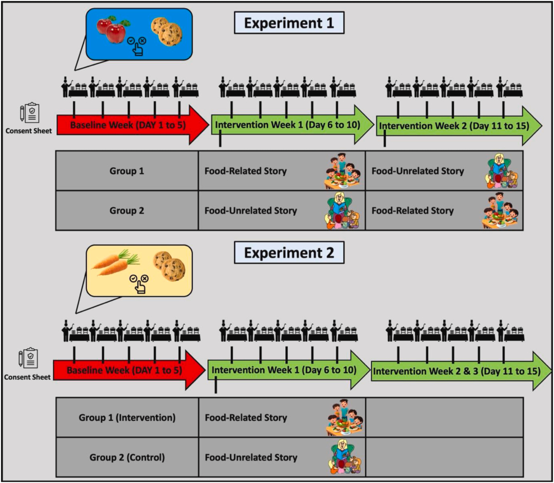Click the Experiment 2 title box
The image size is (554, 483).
(x=289, y=253)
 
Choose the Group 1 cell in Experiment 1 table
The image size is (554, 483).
(x=127, y=171)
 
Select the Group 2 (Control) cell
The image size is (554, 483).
(x=127, y=457)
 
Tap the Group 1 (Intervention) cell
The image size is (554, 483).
(x=127, y=418)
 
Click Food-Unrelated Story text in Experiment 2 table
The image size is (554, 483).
(x=251, y=457)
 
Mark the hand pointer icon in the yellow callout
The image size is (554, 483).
(x=139, y=285)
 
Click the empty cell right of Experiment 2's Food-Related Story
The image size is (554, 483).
(x=444, y=418)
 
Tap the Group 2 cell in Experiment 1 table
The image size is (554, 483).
(x=127, y=210)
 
